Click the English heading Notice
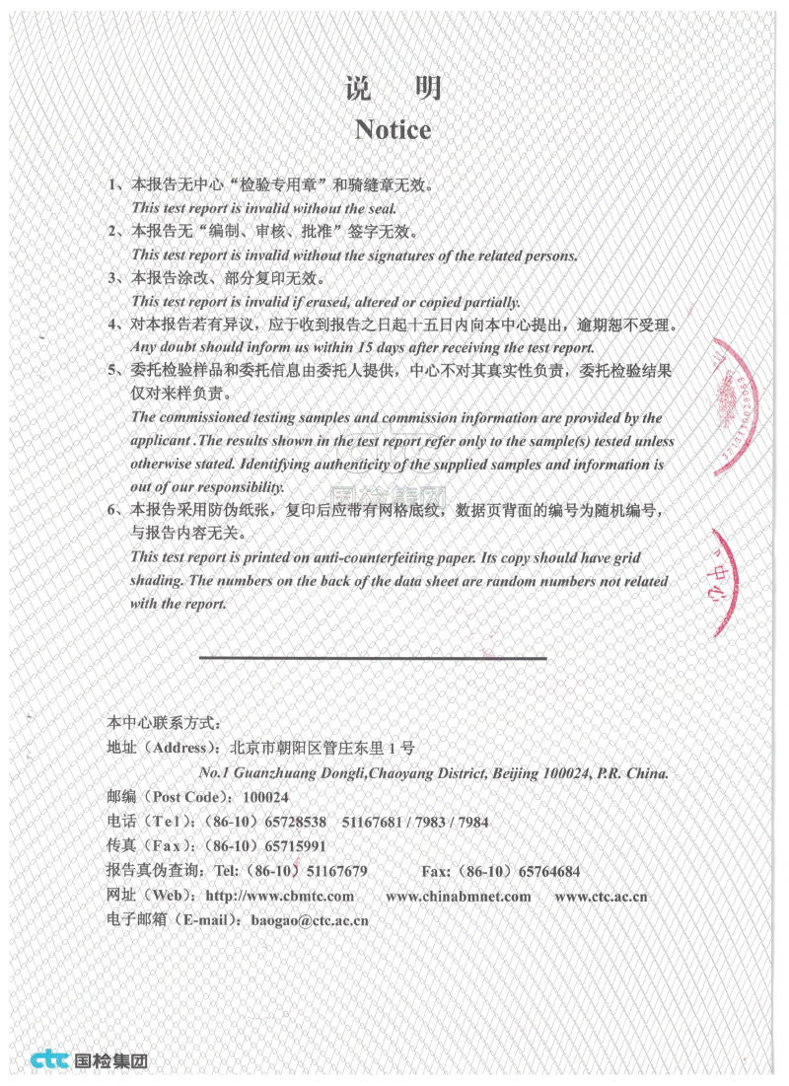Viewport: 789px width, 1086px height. coord(393,129)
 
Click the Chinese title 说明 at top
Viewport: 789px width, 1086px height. coord(393,89)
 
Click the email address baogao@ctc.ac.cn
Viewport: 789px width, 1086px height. coord(310,920)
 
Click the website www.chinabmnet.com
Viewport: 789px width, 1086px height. coord(458,896)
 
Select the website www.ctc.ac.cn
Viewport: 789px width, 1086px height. coord(601,896)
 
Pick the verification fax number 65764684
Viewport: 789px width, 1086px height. coord(549,871)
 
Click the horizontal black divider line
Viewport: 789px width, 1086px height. coord(373,657)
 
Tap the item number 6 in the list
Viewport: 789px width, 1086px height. coord(112,510)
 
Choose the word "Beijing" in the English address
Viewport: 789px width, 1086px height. coord(517,773)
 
